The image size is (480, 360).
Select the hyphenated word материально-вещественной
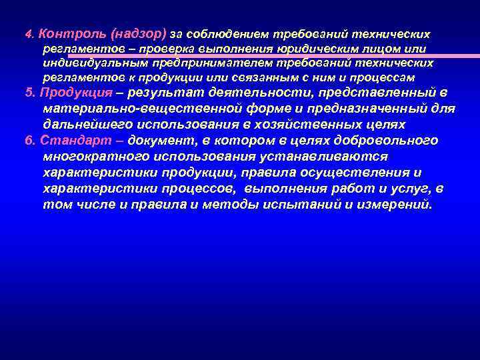click(x=137, y=109)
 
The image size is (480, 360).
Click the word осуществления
click(x=355, y=173)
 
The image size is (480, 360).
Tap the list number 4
click(x=28, y=33)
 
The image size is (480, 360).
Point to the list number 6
click(x=27, y=141)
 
